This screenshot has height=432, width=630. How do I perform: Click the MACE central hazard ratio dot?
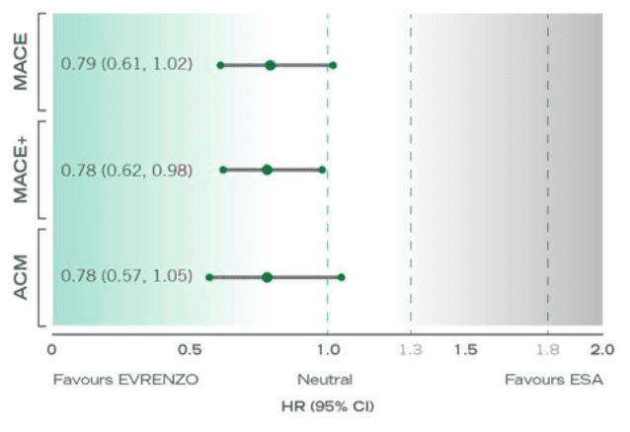pos(270,65)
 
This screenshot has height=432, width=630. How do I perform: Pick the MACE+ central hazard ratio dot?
pos(267,170)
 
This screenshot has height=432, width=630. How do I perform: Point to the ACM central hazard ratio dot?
pos(267,277)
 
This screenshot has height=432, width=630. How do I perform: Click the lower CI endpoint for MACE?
pos(220,65)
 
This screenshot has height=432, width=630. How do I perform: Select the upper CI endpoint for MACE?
pos(333,65)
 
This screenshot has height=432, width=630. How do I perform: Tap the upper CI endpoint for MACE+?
pos(322,170)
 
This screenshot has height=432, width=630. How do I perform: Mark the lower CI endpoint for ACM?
pos(208,277)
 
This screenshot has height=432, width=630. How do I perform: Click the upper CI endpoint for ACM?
pos(341,277)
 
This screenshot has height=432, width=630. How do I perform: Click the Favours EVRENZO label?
pos(126,379)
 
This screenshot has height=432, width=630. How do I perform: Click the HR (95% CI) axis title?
pos(327,406)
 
